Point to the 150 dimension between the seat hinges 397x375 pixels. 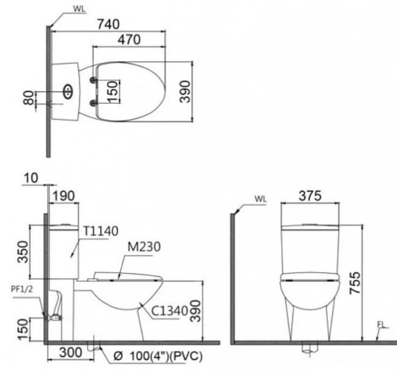pyautogui.click(x=112, y=91)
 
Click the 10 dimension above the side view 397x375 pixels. pyautogui.click(x=31, y=178)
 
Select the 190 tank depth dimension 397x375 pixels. pyautogui.click(x=63, y=196)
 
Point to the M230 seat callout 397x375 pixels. pyautogui.click(x=144, y=247)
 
